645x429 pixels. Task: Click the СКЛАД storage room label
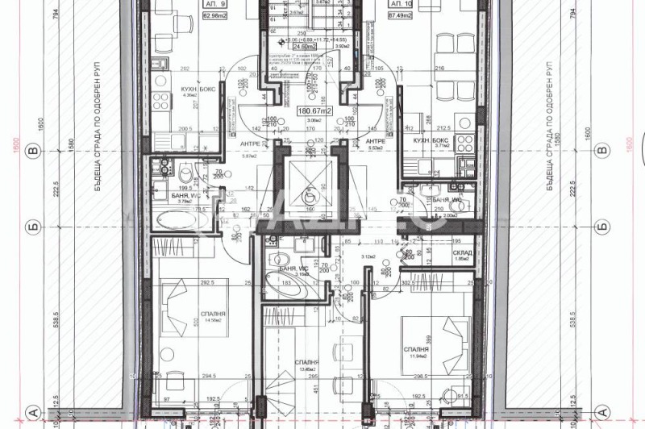[x=462, y=252]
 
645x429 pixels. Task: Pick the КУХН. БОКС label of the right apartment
[x=428, y=140]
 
